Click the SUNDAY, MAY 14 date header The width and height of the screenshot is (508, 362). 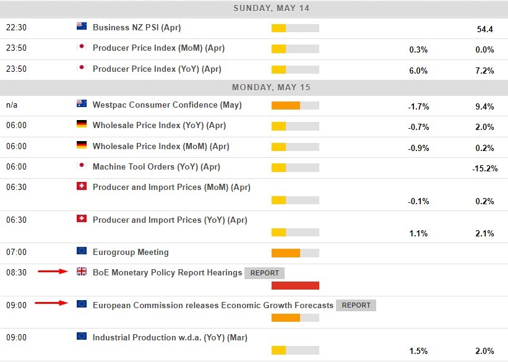[271, 9]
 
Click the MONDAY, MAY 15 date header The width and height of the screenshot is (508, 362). [271, 87]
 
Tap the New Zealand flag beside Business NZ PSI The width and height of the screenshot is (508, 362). [81, 27]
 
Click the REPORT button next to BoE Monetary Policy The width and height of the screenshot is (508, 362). [264, 273]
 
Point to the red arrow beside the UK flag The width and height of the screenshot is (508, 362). [52, 271]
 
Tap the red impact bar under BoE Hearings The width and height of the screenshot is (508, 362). [295, 285]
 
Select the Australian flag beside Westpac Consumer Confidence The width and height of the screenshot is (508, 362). [81, 104]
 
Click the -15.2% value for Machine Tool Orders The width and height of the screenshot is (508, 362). [484, 168]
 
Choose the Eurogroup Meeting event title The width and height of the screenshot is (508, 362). [131, 252]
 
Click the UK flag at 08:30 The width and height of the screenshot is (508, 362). [81, 271]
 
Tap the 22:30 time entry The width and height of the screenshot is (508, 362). [16, 28]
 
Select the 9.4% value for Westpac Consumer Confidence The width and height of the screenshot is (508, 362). [484, 106]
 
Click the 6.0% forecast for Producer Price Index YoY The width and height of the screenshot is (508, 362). [418, 71]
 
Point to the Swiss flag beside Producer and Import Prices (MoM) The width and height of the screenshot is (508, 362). [81, 186]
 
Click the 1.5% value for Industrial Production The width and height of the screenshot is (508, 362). [418, 351]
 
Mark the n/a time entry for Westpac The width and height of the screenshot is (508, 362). [12, 105]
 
